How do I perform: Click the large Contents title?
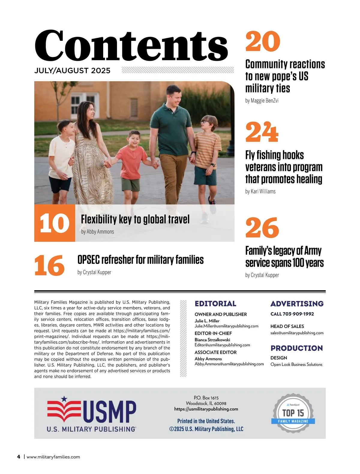point(131,46)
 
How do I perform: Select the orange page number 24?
point(262,132)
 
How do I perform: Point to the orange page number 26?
point(262,228)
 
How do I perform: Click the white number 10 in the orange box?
point(54,223)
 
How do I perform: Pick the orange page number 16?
point(49,265)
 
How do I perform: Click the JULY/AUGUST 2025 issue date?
point(72,70)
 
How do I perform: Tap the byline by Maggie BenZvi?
point(262,101)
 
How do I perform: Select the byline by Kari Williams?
point(260,191)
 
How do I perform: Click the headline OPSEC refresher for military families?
point(140,260)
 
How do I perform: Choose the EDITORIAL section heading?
point(215,304)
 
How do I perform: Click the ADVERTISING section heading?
point(297,304)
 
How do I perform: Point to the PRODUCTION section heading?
point(296,348)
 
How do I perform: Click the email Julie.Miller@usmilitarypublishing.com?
point(226,326)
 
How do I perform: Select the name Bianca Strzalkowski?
point(212,340)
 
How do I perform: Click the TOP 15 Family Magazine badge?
point(293,413)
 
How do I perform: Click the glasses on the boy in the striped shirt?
point(205,121)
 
